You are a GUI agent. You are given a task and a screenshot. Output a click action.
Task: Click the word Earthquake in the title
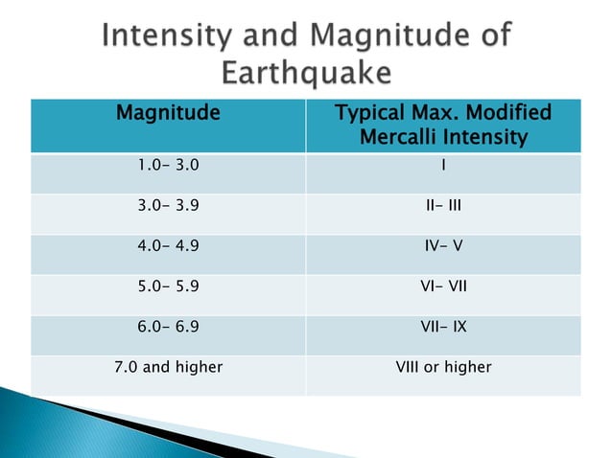pyautogui.click(x=306, y=73)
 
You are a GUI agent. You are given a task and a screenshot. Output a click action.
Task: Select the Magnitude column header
pyautogui.click(x=168, y=113)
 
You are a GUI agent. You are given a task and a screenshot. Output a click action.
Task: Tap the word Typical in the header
pyautogui.click(x=371, y=113)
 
